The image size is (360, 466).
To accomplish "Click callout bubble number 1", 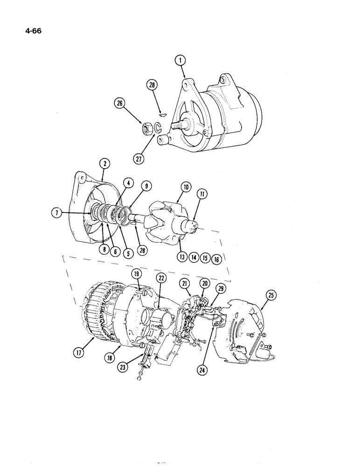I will (x=180, y=60).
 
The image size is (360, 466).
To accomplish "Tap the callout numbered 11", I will (x=203, y=194).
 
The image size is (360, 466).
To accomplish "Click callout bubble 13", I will (x=182, y=256).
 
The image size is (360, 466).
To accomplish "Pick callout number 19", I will (x=136, y=274).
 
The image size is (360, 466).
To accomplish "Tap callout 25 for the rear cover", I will (x=270, y=294).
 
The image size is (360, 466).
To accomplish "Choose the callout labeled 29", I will (x=221, y=289).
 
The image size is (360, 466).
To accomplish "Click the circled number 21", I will (x=185, y=284).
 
